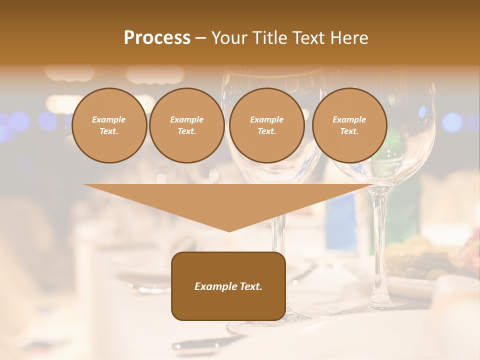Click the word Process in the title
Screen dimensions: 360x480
157,38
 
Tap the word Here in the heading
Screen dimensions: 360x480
350,38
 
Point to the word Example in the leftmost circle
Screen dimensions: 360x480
109,119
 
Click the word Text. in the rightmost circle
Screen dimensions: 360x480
349,131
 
